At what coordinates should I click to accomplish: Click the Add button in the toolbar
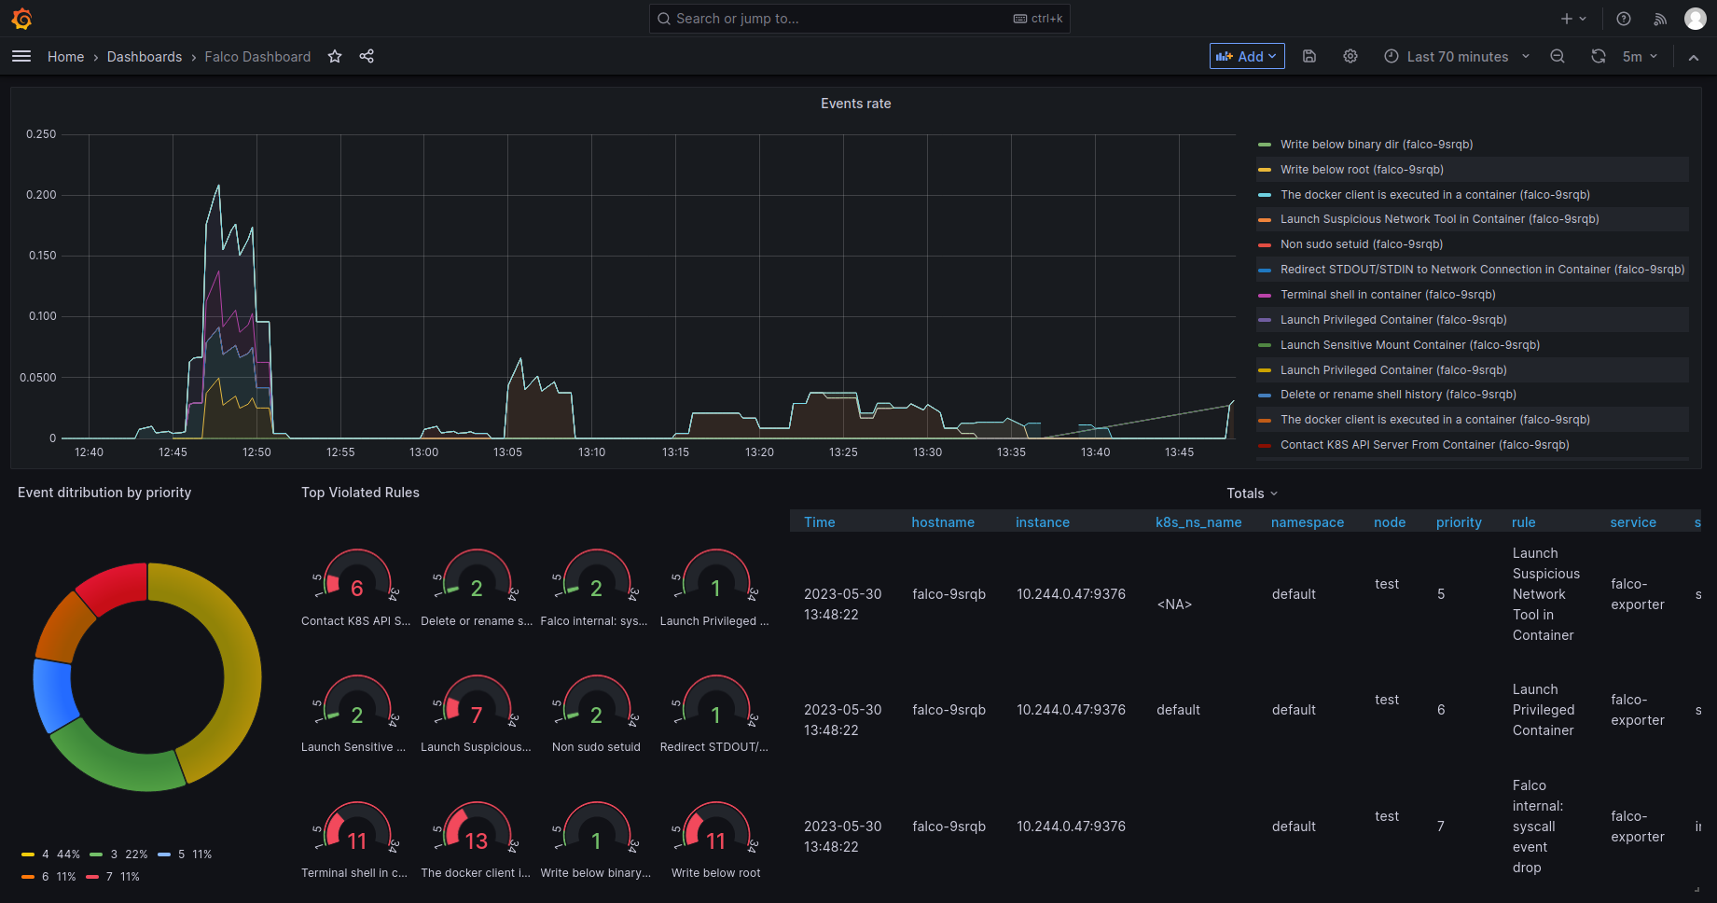1246,57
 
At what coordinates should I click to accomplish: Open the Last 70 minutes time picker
1456,57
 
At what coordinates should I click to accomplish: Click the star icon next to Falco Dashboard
335,57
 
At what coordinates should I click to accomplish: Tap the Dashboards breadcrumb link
145,57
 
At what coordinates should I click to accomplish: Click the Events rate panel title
855,104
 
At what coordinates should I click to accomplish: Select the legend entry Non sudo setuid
1361,244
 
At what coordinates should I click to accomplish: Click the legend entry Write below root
1361,170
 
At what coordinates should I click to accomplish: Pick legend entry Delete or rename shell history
1397,395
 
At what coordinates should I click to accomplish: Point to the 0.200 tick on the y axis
41,195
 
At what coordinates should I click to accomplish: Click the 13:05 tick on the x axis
507,452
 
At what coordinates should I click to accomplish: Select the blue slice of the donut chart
54,694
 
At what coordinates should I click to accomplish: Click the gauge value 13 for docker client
476,840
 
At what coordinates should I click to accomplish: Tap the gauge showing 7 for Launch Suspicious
476,715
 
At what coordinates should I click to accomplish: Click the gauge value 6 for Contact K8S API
356,589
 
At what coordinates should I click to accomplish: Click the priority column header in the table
1458,522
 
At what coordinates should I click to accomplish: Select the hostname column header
942,522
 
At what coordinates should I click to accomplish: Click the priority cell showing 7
1440,827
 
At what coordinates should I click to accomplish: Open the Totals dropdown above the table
1252,493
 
